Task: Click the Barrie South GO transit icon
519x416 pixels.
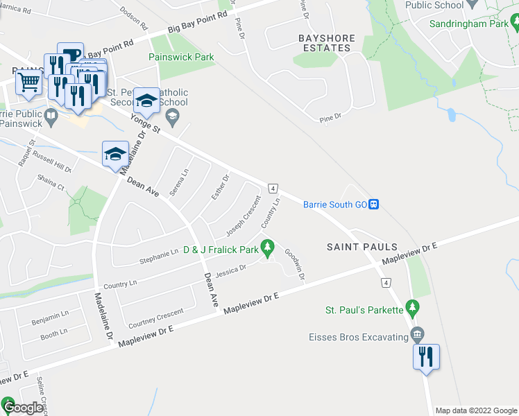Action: (x=374, y=204)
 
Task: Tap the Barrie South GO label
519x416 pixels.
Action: (x=334, y=205)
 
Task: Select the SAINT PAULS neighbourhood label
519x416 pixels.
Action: (x=363, y=247)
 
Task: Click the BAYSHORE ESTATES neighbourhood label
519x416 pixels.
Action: (x=326, y=43)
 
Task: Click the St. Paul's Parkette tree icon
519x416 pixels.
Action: (x=413, y=306)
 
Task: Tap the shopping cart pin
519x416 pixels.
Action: (x=29, y=83)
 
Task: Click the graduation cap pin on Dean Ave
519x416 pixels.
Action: (x=115, y=154)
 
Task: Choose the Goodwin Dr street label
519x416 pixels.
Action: (x=295, y=265)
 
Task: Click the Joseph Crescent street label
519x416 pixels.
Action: (x=244, y=216)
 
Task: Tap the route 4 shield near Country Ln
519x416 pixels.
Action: (x=273, y=188)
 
